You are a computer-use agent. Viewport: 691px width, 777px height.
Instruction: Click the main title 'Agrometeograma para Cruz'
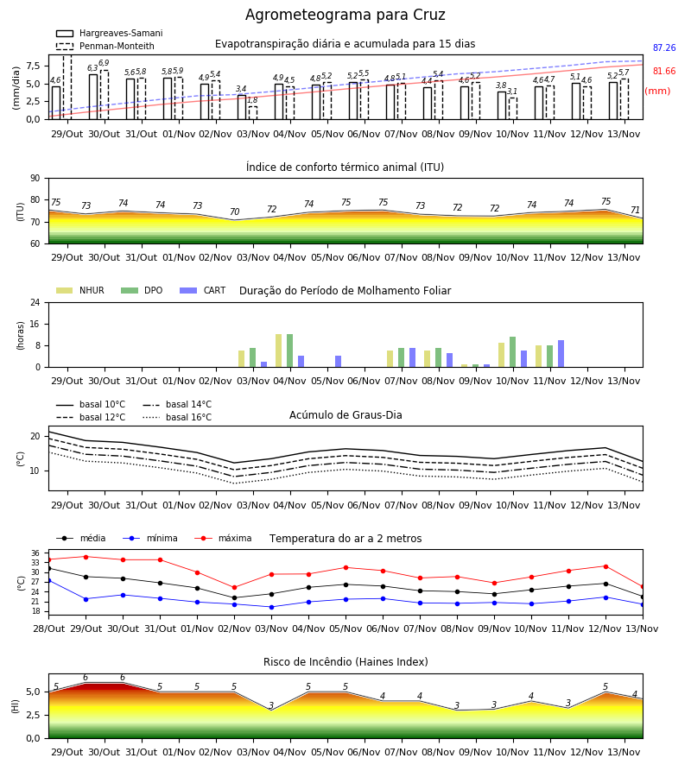coord(345,15)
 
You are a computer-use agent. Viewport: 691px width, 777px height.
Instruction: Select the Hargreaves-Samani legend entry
coord(109,33)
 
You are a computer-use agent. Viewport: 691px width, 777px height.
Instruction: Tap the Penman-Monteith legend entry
coord(105,46)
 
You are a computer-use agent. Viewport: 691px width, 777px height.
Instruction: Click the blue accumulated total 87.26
coord(664,48)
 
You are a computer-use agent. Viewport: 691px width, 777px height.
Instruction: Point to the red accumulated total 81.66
coord(664,72)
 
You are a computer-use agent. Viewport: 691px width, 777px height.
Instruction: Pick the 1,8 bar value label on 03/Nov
coord(252,100)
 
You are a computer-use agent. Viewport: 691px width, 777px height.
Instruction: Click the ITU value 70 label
coord(234,212)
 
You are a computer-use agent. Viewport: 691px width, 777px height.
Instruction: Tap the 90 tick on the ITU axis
coord(35,179)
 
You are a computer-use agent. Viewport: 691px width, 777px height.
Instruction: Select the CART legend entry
coord(202,290)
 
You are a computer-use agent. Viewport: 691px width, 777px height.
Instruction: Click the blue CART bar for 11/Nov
coord(561,354)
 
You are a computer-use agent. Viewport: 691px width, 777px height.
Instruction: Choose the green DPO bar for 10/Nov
coord(512,352)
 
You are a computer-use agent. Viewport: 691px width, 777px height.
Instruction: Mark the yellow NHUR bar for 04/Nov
coord(279,351)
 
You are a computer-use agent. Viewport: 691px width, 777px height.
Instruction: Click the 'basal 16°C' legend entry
coord(177,418)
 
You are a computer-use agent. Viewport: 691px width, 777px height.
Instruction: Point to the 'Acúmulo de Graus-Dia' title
coord(345,415)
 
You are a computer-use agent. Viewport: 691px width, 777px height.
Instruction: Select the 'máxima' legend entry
coord(223,538)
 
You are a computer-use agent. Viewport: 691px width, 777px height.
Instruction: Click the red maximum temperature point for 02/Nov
coord(234,588)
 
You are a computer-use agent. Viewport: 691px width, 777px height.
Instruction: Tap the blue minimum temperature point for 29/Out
coord(86,599)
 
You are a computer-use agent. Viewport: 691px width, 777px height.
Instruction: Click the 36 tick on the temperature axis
coord(35,553)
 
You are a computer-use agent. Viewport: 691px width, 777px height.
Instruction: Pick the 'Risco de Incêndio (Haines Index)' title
coord(345,662)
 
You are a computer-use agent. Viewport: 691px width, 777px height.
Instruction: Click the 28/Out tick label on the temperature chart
coord(48,629)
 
